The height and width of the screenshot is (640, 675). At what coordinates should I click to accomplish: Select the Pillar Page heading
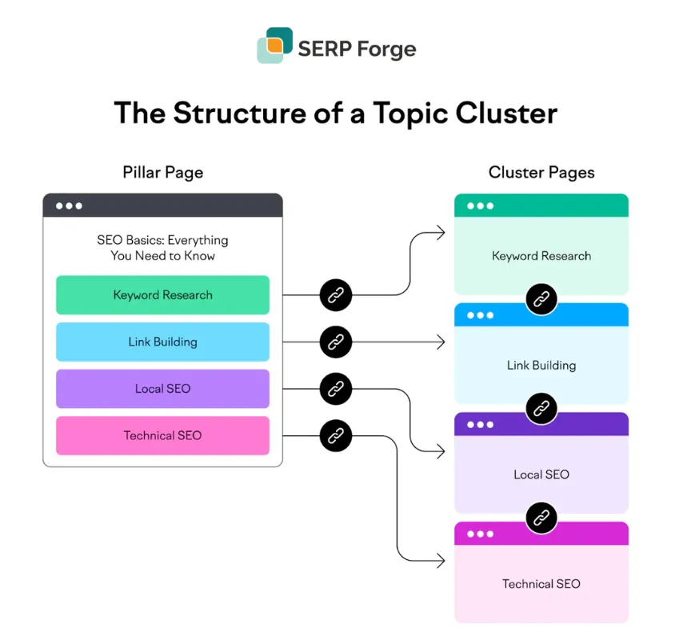[x=162, y=172]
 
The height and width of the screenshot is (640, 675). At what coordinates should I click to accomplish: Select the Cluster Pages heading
[x=541, y=172]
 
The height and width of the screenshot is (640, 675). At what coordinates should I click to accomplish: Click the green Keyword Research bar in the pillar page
[x=162, y=295]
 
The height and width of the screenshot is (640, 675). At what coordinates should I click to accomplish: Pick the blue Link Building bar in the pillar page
[x=162, y=342]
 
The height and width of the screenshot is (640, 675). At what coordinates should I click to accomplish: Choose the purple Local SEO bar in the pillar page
[x=162, y=389]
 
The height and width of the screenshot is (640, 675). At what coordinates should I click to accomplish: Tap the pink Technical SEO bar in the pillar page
[x=162, y=436]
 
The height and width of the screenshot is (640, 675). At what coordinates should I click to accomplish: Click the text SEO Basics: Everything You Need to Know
[x=162, y=248]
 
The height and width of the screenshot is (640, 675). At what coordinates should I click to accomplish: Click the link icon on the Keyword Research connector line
[x=336, y=295]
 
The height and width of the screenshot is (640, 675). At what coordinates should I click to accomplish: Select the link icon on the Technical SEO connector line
[x=336, y=436]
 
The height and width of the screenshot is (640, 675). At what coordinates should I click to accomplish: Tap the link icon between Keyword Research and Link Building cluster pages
[x=541, y=299]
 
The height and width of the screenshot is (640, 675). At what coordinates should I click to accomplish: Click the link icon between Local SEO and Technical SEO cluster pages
[x=541, y=518]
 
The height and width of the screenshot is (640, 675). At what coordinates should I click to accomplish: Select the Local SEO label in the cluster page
[x=541, y=474]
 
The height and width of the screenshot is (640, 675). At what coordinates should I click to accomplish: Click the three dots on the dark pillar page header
[x=69, y=206]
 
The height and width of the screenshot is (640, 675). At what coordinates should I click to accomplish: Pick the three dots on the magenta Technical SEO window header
[x=480, y=534]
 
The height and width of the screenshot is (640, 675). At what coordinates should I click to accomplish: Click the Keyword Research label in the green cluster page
[x=541, y=256]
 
